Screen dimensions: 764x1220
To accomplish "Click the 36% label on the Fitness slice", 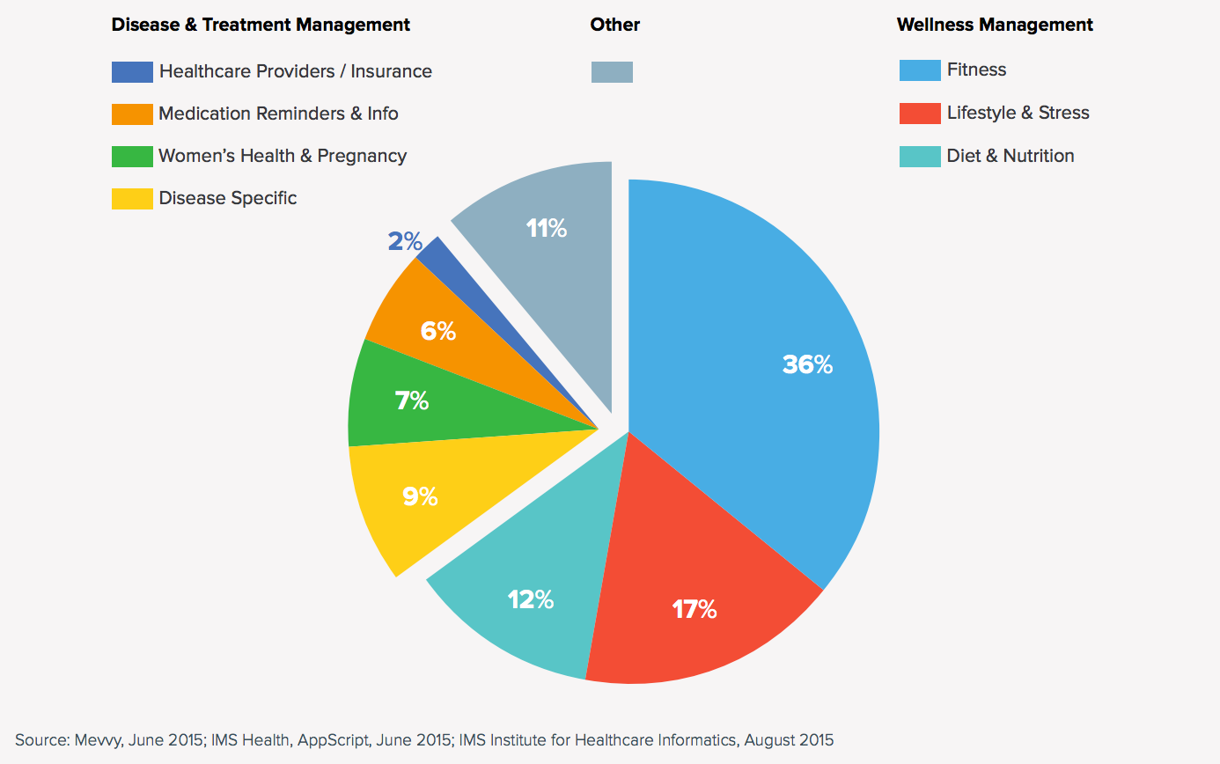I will pos(807,364).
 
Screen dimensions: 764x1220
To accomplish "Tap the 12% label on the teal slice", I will pos(531,600).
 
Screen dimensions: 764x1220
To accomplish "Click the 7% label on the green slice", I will pos(412,401).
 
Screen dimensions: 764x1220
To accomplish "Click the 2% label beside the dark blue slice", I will pos(405,241).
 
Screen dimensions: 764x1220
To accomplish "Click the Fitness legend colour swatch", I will pos(920,70).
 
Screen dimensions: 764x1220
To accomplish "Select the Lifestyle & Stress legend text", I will pos(1018,113).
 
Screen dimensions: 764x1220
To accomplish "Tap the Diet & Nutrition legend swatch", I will pos(920,157).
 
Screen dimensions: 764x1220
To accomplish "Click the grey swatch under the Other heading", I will pos(612,72).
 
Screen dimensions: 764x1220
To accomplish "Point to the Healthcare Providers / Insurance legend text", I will pos(295,71).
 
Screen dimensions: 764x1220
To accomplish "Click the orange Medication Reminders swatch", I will pos(132,114).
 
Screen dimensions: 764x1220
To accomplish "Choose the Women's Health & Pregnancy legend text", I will pos(282,157).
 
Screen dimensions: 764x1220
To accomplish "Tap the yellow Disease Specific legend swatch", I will pos(132,199).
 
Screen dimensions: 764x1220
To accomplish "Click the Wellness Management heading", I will pos(995,25).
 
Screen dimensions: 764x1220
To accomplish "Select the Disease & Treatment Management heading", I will pos(261,25).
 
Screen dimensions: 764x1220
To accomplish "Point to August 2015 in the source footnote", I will pos(788,740).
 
